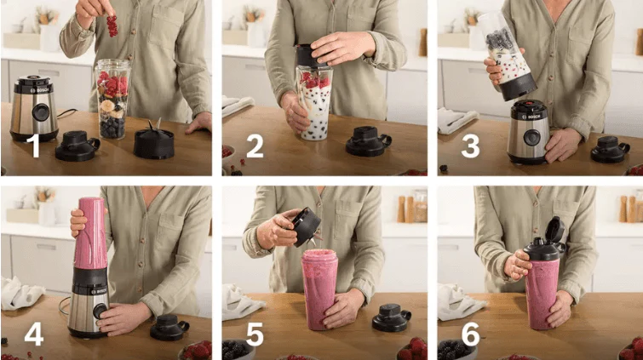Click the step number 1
[34, 146]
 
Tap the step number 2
[255, 146]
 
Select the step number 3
[470, 146]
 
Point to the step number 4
[33, 334]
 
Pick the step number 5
[255, 334]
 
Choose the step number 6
[470, 334]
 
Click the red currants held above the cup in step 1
[112, 26]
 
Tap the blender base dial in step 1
[40, 112]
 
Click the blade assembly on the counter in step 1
[154, 140]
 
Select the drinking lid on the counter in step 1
[78, 146]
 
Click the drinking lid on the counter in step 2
[368, 141]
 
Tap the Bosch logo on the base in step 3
[533, 117]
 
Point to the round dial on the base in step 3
[531, 138]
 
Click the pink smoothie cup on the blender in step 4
[90, 234]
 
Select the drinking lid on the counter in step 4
[169, 327]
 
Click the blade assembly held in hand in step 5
[306, 226]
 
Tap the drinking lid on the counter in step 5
[391, 317]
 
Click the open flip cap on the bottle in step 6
[554, 231]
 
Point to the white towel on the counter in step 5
[241, 302]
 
